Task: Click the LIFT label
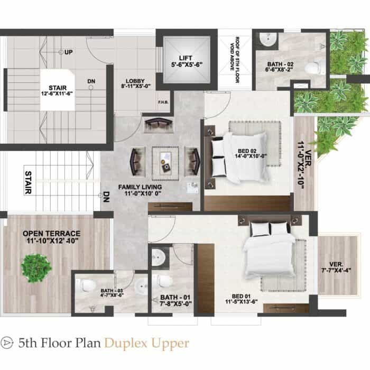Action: pos(186,58)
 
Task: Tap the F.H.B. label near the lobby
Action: pos(163,103)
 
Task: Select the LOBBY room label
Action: pos(135,81)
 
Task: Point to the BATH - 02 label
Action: pos(280,64)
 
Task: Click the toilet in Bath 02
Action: pos(313,67)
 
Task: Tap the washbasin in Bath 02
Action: pos(269,39)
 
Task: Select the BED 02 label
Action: pos(247,151)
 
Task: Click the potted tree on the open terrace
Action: pos(36,268)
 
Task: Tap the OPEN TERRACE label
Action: pos(51,234)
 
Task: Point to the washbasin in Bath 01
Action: pos(157,256)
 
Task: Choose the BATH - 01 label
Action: pos(175,297)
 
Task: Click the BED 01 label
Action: pos(241,296)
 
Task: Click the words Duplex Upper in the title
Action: pos(146,344)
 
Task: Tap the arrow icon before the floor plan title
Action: pos(6,343)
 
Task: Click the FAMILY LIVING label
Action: pos(140,187)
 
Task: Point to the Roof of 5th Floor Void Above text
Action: pos(234,60)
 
